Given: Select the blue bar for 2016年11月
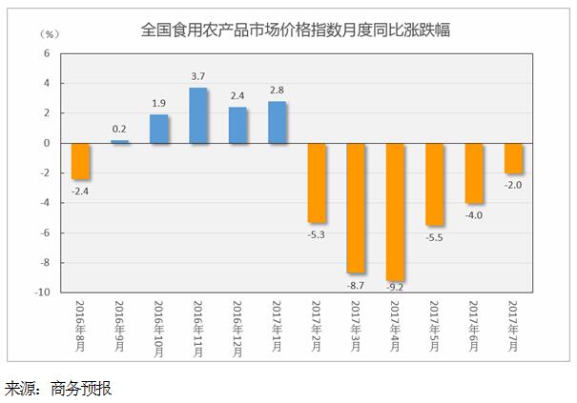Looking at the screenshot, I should [x=198, y=115].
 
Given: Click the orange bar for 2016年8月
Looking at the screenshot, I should [x=81, y=161].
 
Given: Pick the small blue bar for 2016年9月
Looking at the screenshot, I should [x=120, y=141].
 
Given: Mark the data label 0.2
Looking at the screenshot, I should [x=120, y=130].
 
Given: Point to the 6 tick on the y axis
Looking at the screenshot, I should [x=46, y=53].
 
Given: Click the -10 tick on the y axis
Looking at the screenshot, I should [x=42, y=292].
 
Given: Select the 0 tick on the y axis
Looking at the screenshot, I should [x=46, y=143].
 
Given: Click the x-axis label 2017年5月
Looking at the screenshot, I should [x=434, y=326].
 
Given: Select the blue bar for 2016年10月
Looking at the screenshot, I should [x=159, y=129].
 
